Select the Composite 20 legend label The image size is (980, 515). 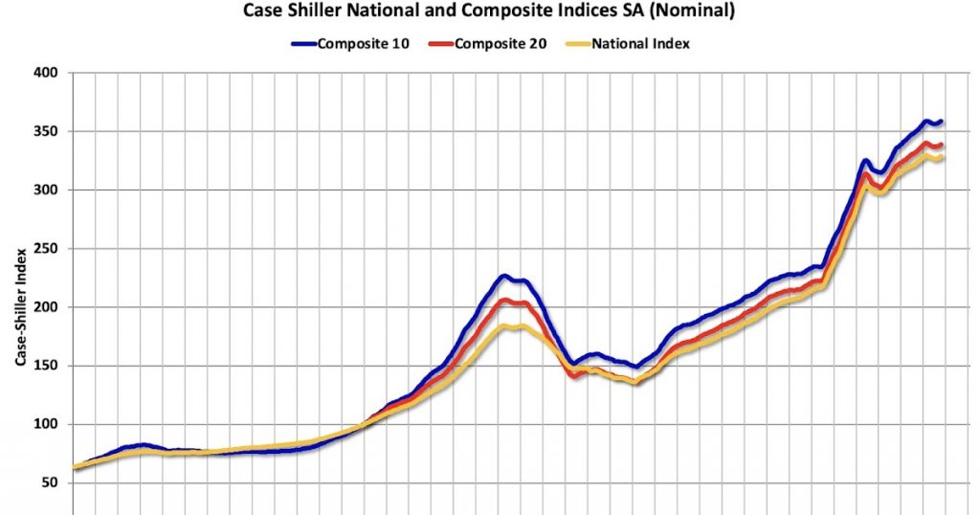pos(502,44)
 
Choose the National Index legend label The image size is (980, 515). pos(640,44)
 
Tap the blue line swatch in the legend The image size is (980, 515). pos(304,44)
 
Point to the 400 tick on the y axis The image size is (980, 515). pos(45,73)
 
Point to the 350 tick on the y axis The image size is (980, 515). pos(45,131)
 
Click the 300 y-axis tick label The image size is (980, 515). pos(45,190)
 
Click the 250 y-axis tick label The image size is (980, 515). pos(45,249)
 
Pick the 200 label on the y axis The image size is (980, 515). pos(45,307)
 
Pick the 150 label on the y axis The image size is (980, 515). pos(45,366)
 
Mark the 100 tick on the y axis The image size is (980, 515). pos(45,424)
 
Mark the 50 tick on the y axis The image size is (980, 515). pos(49,483)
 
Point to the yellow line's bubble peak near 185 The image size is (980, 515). pos(510,326)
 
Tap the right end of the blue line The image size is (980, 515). pos(942,122)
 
